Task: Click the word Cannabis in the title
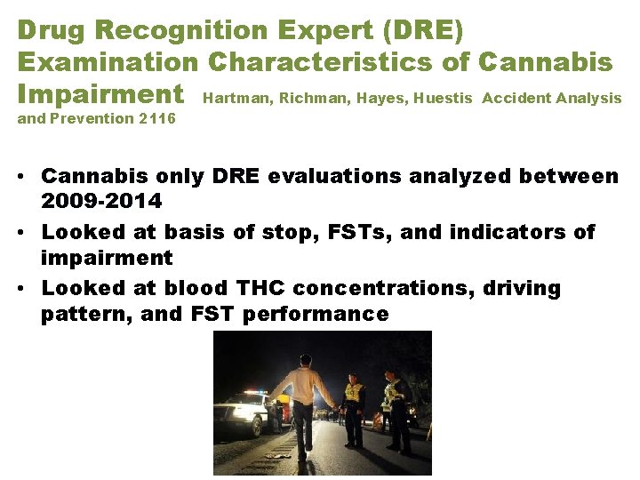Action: [545, 62]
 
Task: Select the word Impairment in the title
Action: [100, 94]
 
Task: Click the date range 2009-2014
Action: [101, 201]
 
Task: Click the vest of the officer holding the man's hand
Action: [354, 393]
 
